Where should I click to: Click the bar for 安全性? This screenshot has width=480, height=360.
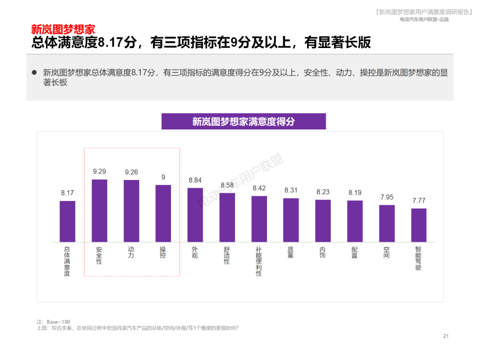(99, 211)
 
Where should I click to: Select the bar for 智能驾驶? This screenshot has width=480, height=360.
(419, 225)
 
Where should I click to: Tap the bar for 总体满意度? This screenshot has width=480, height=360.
(68, 221)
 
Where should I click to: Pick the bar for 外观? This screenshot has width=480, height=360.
(195, 215)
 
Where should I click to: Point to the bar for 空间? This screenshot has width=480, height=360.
(387, 223)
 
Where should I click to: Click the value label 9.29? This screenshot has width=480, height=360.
(100, 171)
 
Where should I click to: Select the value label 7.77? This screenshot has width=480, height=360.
(419, 200)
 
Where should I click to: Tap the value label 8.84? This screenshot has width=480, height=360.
(195, 180)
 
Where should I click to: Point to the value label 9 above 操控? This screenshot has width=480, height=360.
(163, 177)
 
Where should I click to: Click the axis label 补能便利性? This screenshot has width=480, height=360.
(259, 261)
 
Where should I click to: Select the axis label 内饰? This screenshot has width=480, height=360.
(323, 252)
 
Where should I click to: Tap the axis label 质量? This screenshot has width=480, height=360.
(291, 252)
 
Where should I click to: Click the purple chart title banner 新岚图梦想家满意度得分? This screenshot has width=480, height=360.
(243, 121)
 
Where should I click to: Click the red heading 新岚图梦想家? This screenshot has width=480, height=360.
(63, 30)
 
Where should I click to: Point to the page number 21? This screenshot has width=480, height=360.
(446, 336)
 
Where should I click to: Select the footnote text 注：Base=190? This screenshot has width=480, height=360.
(53, 322)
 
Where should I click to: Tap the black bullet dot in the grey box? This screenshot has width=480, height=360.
(34, 72)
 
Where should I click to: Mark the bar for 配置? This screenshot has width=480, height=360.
(355, 221)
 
